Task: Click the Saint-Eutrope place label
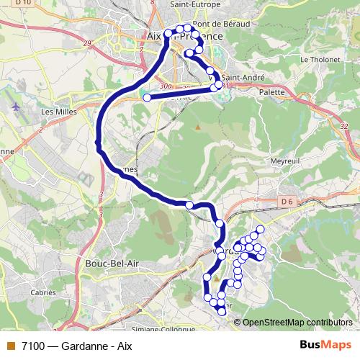(194, 4)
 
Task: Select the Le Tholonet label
(315, 59)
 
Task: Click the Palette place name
(271, 92)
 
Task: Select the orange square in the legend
(10, 345)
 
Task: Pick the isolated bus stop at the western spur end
(147, 97)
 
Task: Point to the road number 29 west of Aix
(88, 44)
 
